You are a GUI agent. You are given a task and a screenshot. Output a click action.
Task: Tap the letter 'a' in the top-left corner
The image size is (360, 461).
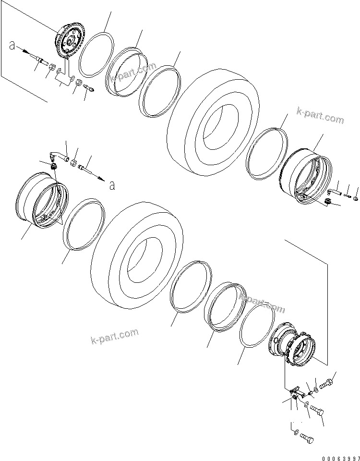pyautogui.click(x=12, y=46)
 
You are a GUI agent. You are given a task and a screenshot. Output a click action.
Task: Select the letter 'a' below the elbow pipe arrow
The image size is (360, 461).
pyautogui.click(x=112, y=185)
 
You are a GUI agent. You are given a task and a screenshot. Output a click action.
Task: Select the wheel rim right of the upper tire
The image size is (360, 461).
pyautogui.click(x=305, y=176)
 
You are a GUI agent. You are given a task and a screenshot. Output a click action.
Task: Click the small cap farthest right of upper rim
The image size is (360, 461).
pyautogui.click(x=356, y=198)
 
